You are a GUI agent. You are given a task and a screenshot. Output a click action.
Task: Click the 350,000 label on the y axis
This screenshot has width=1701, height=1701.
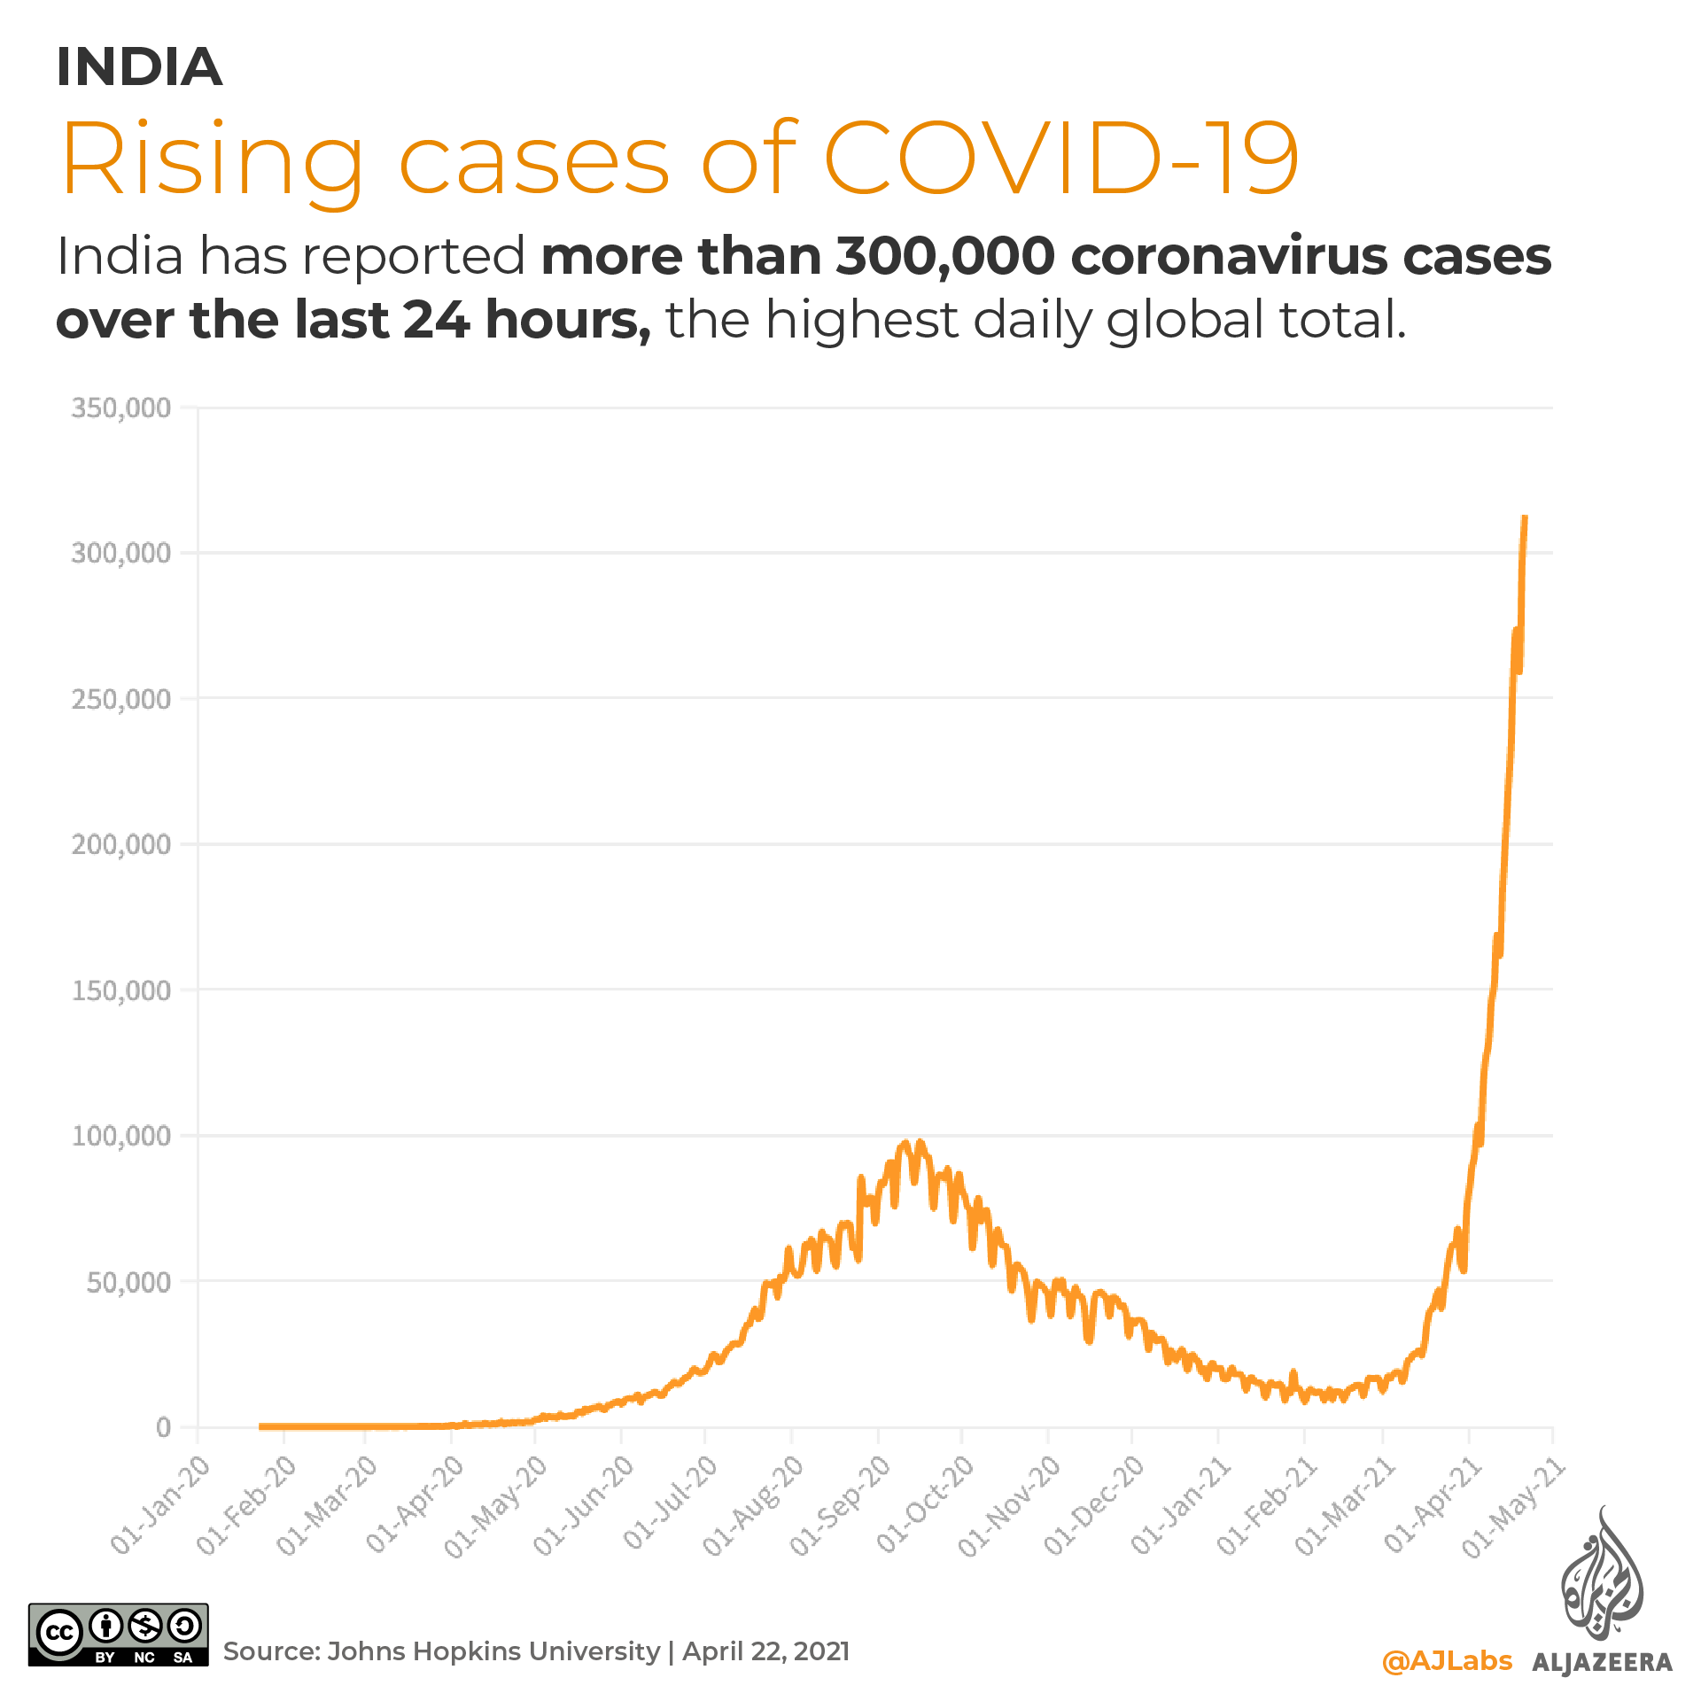120,408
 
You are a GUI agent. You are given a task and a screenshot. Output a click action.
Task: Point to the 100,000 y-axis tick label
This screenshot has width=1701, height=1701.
120,1136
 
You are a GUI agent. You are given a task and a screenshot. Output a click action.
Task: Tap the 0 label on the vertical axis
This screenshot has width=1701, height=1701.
163,1427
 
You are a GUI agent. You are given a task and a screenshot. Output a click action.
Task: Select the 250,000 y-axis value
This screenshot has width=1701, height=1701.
120,699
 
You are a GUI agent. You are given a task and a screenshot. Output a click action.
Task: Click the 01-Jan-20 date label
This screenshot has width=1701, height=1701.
162,1503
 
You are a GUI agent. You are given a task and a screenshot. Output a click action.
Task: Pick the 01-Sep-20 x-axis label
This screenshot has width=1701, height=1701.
841,1503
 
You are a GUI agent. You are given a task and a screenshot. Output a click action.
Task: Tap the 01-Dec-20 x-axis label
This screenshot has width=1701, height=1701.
1095,1503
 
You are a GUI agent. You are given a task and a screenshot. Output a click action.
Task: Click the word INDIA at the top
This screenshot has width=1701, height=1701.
139,67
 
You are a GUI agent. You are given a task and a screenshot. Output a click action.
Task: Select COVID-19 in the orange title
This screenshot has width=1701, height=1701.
1060,159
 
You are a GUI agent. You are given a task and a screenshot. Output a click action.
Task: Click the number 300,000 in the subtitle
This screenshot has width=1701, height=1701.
945,257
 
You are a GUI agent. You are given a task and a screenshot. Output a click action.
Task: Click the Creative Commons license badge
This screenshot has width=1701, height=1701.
119,1635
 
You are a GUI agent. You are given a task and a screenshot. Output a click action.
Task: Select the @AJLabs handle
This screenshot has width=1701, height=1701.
1447,1660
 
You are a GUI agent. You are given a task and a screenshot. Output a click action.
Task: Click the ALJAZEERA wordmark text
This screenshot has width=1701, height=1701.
1602,1663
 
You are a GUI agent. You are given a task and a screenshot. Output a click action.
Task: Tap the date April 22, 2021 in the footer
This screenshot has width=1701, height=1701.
765,1651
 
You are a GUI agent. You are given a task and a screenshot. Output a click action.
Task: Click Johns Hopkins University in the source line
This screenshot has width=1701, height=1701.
493,1651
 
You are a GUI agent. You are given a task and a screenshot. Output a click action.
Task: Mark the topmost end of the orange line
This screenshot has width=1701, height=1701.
1524,517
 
